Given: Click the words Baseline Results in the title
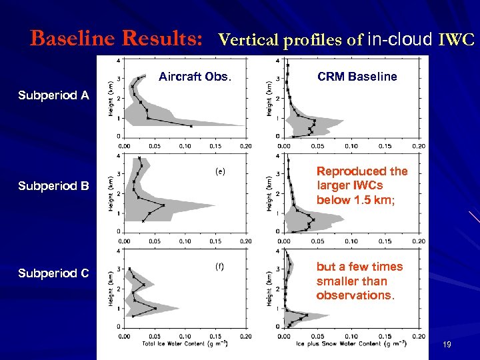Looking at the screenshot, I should point(117,39).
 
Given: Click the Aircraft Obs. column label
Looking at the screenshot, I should point(195,77).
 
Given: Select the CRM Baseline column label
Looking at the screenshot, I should point(357,77).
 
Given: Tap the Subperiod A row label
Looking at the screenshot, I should point(54,95).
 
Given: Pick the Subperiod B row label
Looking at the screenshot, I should point(54,186).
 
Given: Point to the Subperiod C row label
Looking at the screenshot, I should point(54,273).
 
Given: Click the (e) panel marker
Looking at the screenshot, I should point(220,171).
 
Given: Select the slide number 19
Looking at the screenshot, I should point(447,345).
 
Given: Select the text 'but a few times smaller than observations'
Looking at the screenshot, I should point(359,281).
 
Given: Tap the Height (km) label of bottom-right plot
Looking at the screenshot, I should point(270,287).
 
